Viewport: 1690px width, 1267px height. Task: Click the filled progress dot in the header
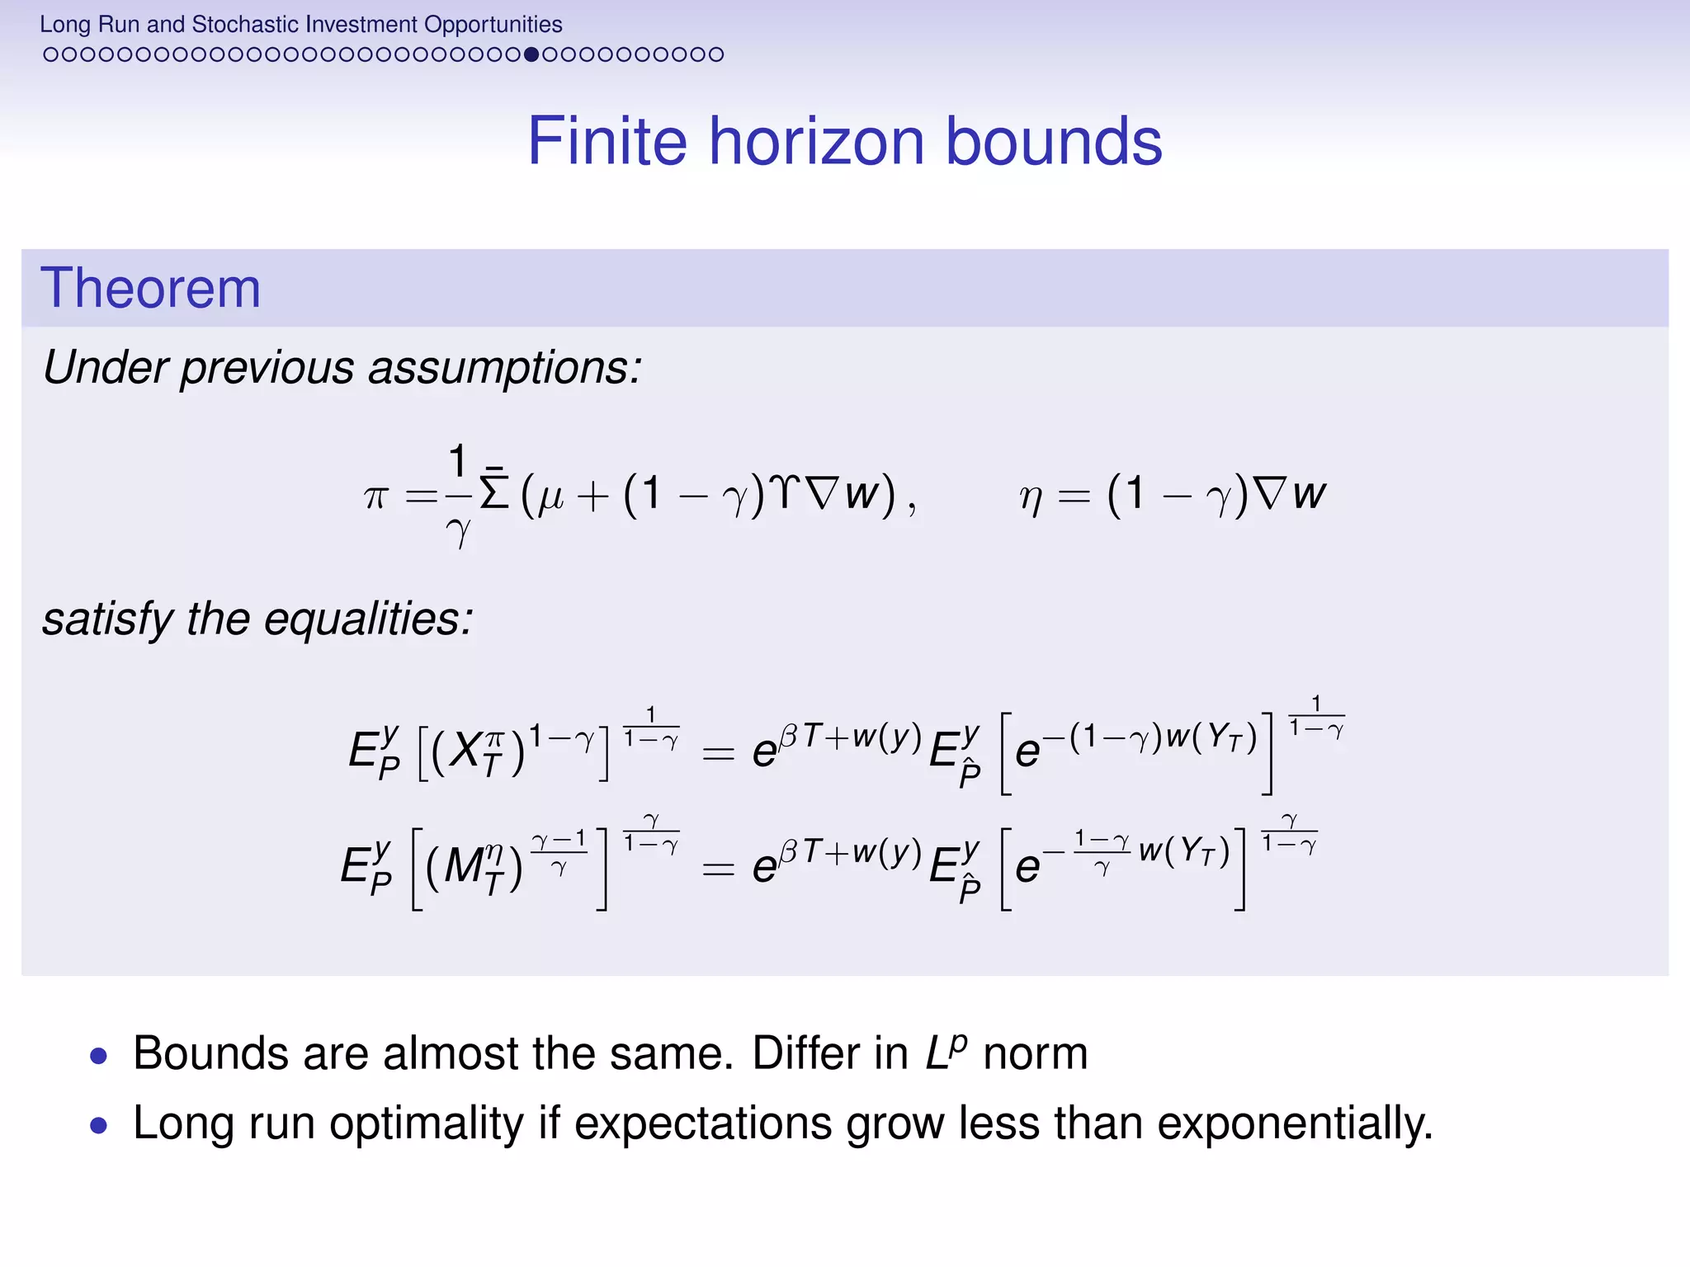point(531,54)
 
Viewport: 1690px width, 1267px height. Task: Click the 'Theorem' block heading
point(150,288)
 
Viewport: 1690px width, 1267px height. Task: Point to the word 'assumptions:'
point(504,368)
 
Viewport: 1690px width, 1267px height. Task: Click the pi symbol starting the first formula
point(375,497)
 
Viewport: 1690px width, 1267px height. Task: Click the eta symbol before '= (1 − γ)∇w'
point(1031,497)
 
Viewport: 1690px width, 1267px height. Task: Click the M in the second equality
point(463,866)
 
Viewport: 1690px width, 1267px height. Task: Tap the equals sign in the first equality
point(717,753)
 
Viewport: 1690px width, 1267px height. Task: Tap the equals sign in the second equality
point(717,869)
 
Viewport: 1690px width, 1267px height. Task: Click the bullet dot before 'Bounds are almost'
point(99,1056)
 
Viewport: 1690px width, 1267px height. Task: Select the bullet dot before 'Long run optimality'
point(99,1125)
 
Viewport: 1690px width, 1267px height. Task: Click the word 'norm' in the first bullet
point(1035,1054)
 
